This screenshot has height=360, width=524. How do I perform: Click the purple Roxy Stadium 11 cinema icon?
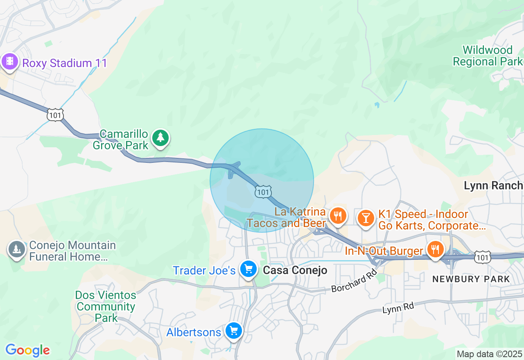point(10,62)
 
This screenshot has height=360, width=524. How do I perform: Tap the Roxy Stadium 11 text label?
point(65,63)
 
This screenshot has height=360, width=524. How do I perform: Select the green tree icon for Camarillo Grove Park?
point(160,138)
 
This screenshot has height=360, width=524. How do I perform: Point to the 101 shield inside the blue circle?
point(262,191)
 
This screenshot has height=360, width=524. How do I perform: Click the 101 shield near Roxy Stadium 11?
point(55,115)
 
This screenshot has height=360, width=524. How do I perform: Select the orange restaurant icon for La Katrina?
point(338,216)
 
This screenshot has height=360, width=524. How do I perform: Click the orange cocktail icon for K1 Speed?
point(365,217)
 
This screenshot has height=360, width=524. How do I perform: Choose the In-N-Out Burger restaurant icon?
point(434,249)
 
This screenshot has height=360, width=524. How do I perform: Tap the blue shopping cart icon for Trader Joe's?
point(248,269)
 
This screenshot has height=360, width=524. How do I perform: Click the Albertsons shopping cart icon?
point(233,331)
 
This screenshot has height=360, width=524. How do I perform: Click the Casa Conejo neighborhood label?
point(295,270)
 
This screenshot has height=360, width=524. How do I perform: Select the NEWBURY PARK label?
point(471,279)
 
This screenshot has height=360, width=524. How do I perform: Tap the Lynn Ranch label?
point(493,185)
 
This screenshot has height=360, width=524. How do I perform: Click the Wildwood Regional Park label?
point(488,56)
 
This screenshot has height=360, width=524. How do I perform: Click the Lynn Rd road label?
point(398,308)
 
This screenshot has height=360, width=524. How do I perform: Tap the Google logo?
point(27,351)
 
